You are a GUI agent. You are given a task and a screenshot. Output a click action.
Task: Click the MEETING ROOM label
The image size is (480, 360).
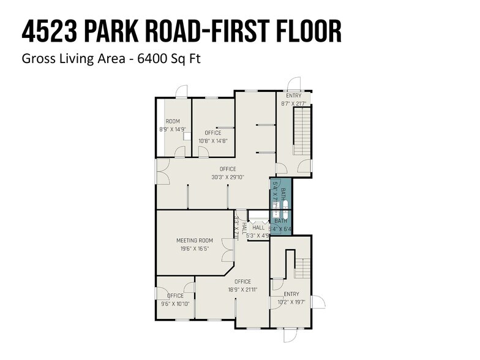point(195,241)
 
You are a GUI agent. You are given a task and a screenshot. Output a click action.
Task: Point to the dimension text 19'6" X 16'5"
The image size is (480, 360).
point(195,249)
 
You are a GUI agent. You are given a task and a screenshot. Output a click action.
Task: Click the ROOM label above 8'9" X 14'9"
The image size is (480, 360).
point(173,121)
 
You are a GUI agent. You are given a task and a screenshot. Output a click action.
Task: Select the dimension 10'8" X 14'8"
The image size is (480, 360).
point(213,141)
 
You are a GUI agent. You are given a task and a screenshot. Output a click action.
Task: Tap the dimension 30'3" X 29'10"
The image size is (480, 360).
point(228,178)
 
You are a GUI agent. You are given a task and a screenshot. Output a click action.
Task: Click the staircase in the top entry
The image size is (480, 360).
point(302,131)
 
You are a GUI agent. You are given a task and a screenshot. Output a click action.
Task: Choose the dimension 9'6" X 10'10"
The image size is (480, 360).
point(176,304)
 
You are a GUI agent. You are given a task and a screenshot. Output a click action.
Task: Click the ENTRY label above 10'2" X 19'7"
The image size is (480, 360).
point(291,294)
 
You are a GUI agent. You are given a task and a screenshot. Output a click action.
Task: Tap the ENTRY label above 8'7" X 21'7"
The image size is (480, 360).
point(294,96)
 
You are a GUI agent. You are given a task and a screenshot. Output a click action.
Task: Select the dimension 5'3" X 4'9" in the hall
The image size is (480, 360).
point(258,234)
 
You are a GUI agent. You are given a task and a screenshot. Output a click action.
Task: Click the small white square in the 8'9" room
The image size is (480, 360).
point(186,137)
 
